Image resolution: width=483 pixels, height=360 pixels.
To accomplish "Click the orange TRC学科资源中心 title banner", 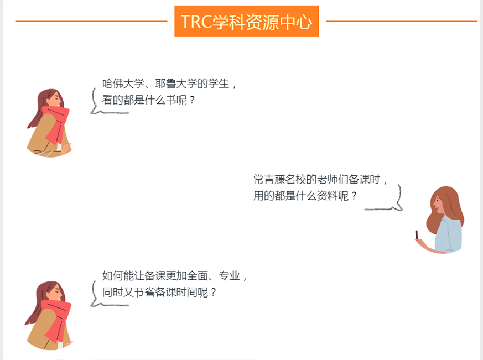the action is tap(246, 21).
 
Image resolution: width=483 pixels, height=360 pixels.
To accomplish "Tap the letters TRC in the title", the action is tap(196, 22).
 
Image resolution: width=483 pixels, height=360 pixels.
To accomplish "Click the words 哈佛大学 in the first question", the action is tap(123, 84).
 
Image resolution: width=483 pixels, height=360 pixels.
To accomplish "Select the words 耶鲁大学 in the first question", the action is tap(176, 84).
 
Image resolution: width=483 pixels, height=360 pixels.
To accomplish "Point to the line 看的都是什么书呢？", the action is tap(148, 100).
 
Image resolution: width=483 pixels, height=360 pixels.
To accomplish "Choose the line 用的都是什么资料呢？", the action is tap(305, 196).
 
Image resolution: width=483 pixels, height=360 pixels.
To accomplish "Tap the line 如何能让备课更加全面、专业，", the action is tap(174, 275).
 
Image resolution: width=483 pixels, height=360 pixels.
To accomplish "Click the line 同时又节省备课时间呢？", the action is tap(159, 292).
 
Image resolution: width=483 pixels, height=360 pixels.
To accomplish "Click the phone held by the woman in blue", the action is tap(417, 234).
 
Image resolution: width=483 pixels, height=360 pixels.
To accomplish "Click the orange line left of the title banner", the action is tap(91, 21).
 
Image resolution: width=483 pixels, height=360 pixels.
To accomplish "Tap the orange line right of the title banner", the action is tap(402, 21).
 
